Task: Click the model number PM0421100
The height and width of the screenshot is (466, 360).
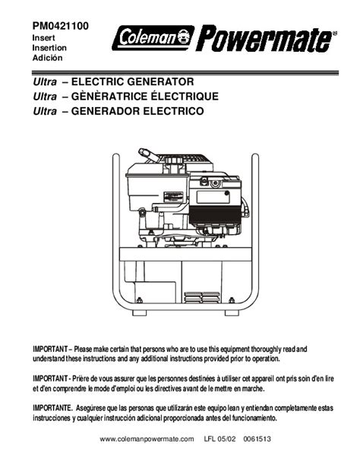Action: [x=60, y=26]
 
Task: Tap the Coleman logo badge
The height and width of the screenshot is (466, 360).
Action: [x=153, y=38]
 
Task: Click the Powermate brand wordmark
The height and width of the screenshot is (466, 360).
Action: [x=265, y=38]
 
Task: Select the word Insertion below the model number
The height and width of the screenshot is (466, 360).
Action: [x=49, y=48]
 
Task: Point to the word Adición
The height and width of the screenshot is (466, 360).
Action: [x=47, y=58]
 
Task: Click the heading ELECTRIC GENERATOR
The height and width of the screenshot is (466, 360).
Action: [x=132, y=81]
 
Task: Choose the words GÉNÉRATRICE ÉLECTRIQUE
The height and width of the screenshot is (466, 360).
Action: [x=145, y=96]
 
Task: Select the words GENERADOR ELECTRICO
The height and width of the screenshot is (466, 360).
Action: [x=137, y=111]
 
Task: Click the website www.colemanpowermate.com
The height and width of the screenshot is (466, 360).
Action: [x=147, y=439]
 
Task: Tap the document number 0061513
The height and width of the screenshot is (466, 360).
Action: [x=257, y=439]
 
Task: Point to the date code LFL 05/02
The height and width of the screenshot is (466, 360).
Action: [x=219, y=439]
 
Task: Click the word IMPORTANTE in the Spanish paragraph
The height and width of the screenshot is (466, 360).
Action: [x=52, y=407]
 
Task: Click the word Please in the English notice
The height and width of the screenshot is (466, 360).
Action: [x=83, y=349]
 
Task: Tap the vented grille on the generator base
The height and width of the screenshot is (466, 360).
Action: [x=202, y=297]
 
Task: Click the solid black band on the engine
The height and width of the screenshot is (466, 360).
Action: [x=215, y=215]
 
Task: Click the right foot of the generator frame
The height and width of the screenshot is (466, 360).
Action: [x=232, y=313]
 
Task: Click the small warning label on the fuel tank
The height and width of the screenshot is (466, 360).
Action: [x=173, y=195]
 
